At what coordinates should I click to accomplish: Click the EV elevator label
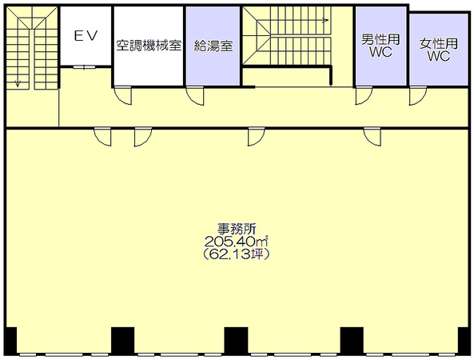pyautogui.click(x=86, y=36)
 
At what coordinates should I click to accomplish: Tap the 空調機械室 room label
pyautogui.click(x=149, y=46)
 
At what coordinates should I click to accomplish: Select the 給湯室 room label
pyautogui.click(x=213, y=46)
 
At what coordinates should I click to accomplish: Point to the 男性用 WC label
pyautogui.click(x=380, y=46)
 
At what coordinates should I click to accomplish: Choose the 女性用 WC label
pyautogui.click(x=439, y=50)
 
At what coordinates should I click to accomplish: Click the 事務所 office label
pyautogui.click(x=237, y=229)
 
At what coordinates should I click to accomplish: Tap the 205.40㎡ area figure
pyautogui.click(x=237, y=242)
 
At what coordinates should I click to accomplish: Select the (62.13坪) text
pyautogui.click(x=237, y=254)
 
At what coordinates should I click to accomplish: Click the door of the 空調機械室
pyautogui.click(x=123, y=95)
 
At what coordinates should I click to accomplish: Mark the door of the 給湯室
pyautogui.click(x=195, y=95)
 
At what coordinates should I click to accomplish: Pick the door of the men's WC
pyautogui.click(x=364, y=95)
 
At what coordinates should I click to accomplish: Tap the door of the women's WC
pyautogui.click(x=418, y=95)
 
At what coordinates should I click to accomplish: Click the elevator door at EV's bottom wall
pyautogui.click(x=85, y=67)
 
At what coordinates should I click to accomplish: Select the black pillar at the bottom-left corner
pyautogui.click(x=11, y=340)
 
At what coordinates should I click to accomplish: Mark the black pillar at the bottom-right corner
pyautogui.click(x=463, y=340)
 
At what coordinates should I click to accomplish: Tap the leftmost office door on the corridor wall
pyautogui.click(x=103, y=137)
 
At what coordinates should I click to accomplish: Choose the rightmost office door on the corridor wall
pyautogui.click(x=372, y=137)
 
